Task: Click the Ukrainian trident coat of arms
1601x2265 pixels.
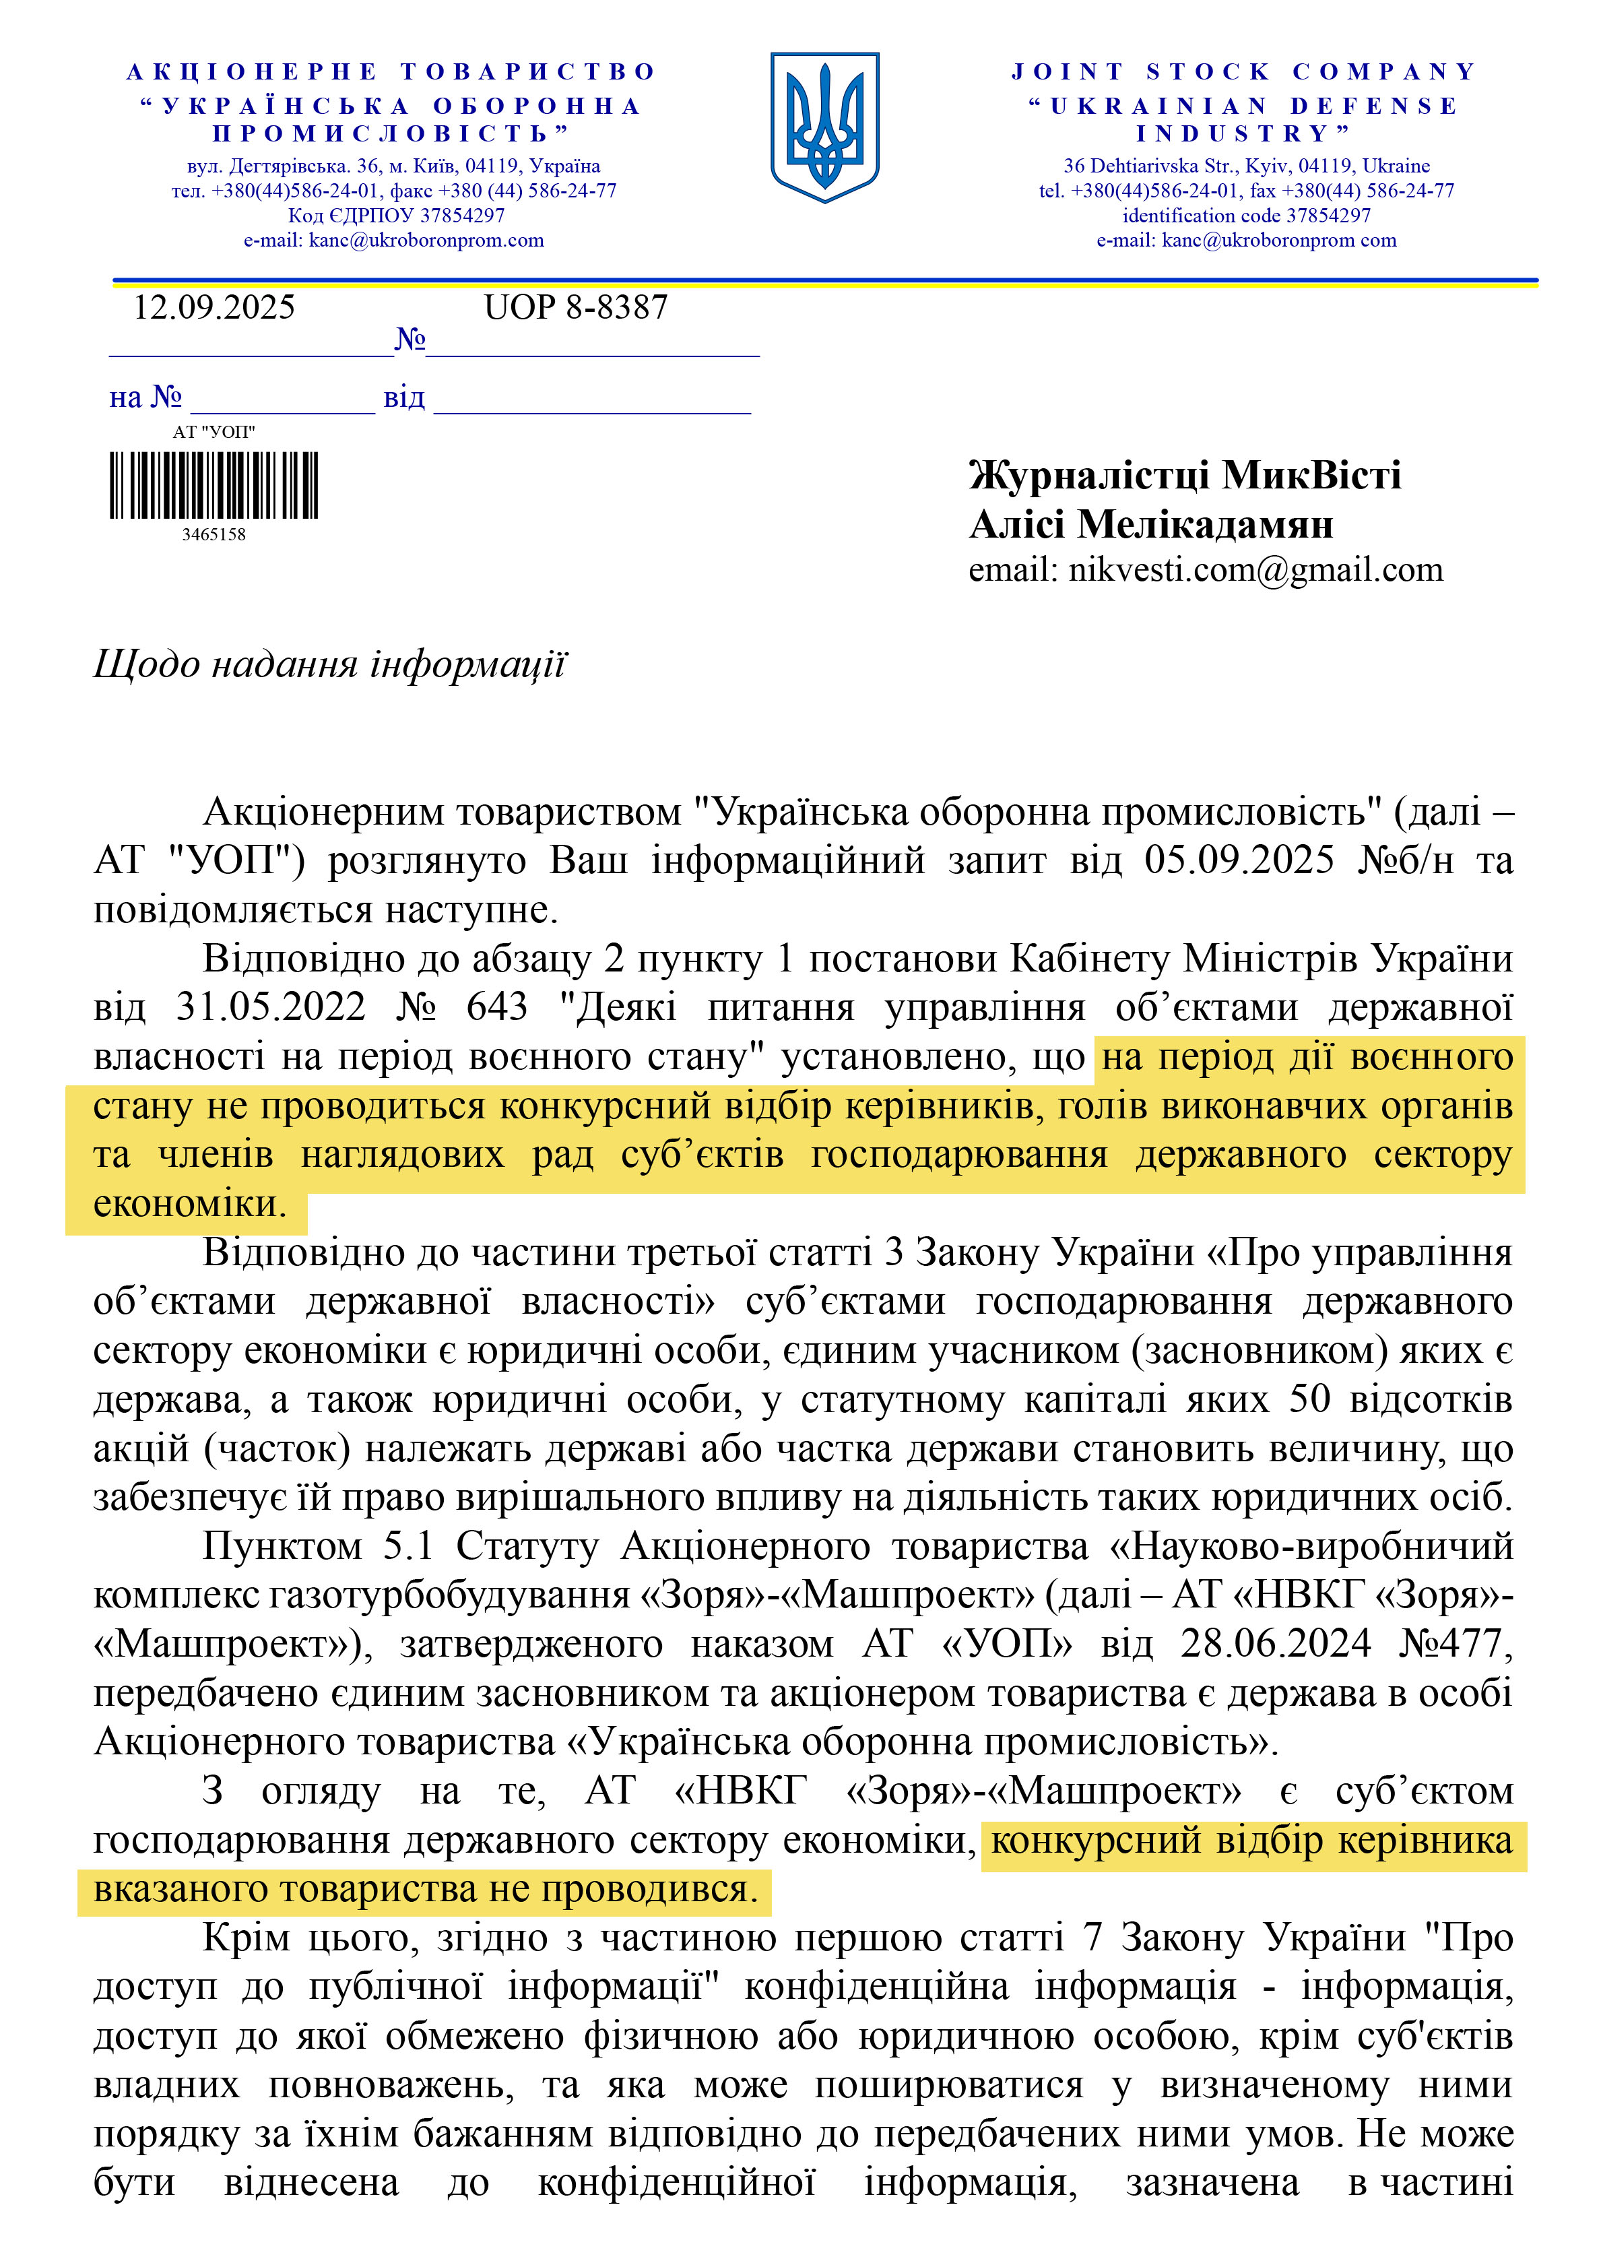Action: [824, 127]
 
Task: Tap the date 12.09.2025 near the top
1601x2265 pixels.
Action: [214, 308]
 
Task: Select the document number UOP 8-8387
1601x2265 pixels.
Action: [575, 308]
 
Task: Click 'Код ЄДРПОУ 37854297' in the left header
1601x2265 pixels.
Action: [395, 215]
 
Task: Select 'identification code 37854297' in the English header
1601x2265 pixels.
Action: [1246, 215]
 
